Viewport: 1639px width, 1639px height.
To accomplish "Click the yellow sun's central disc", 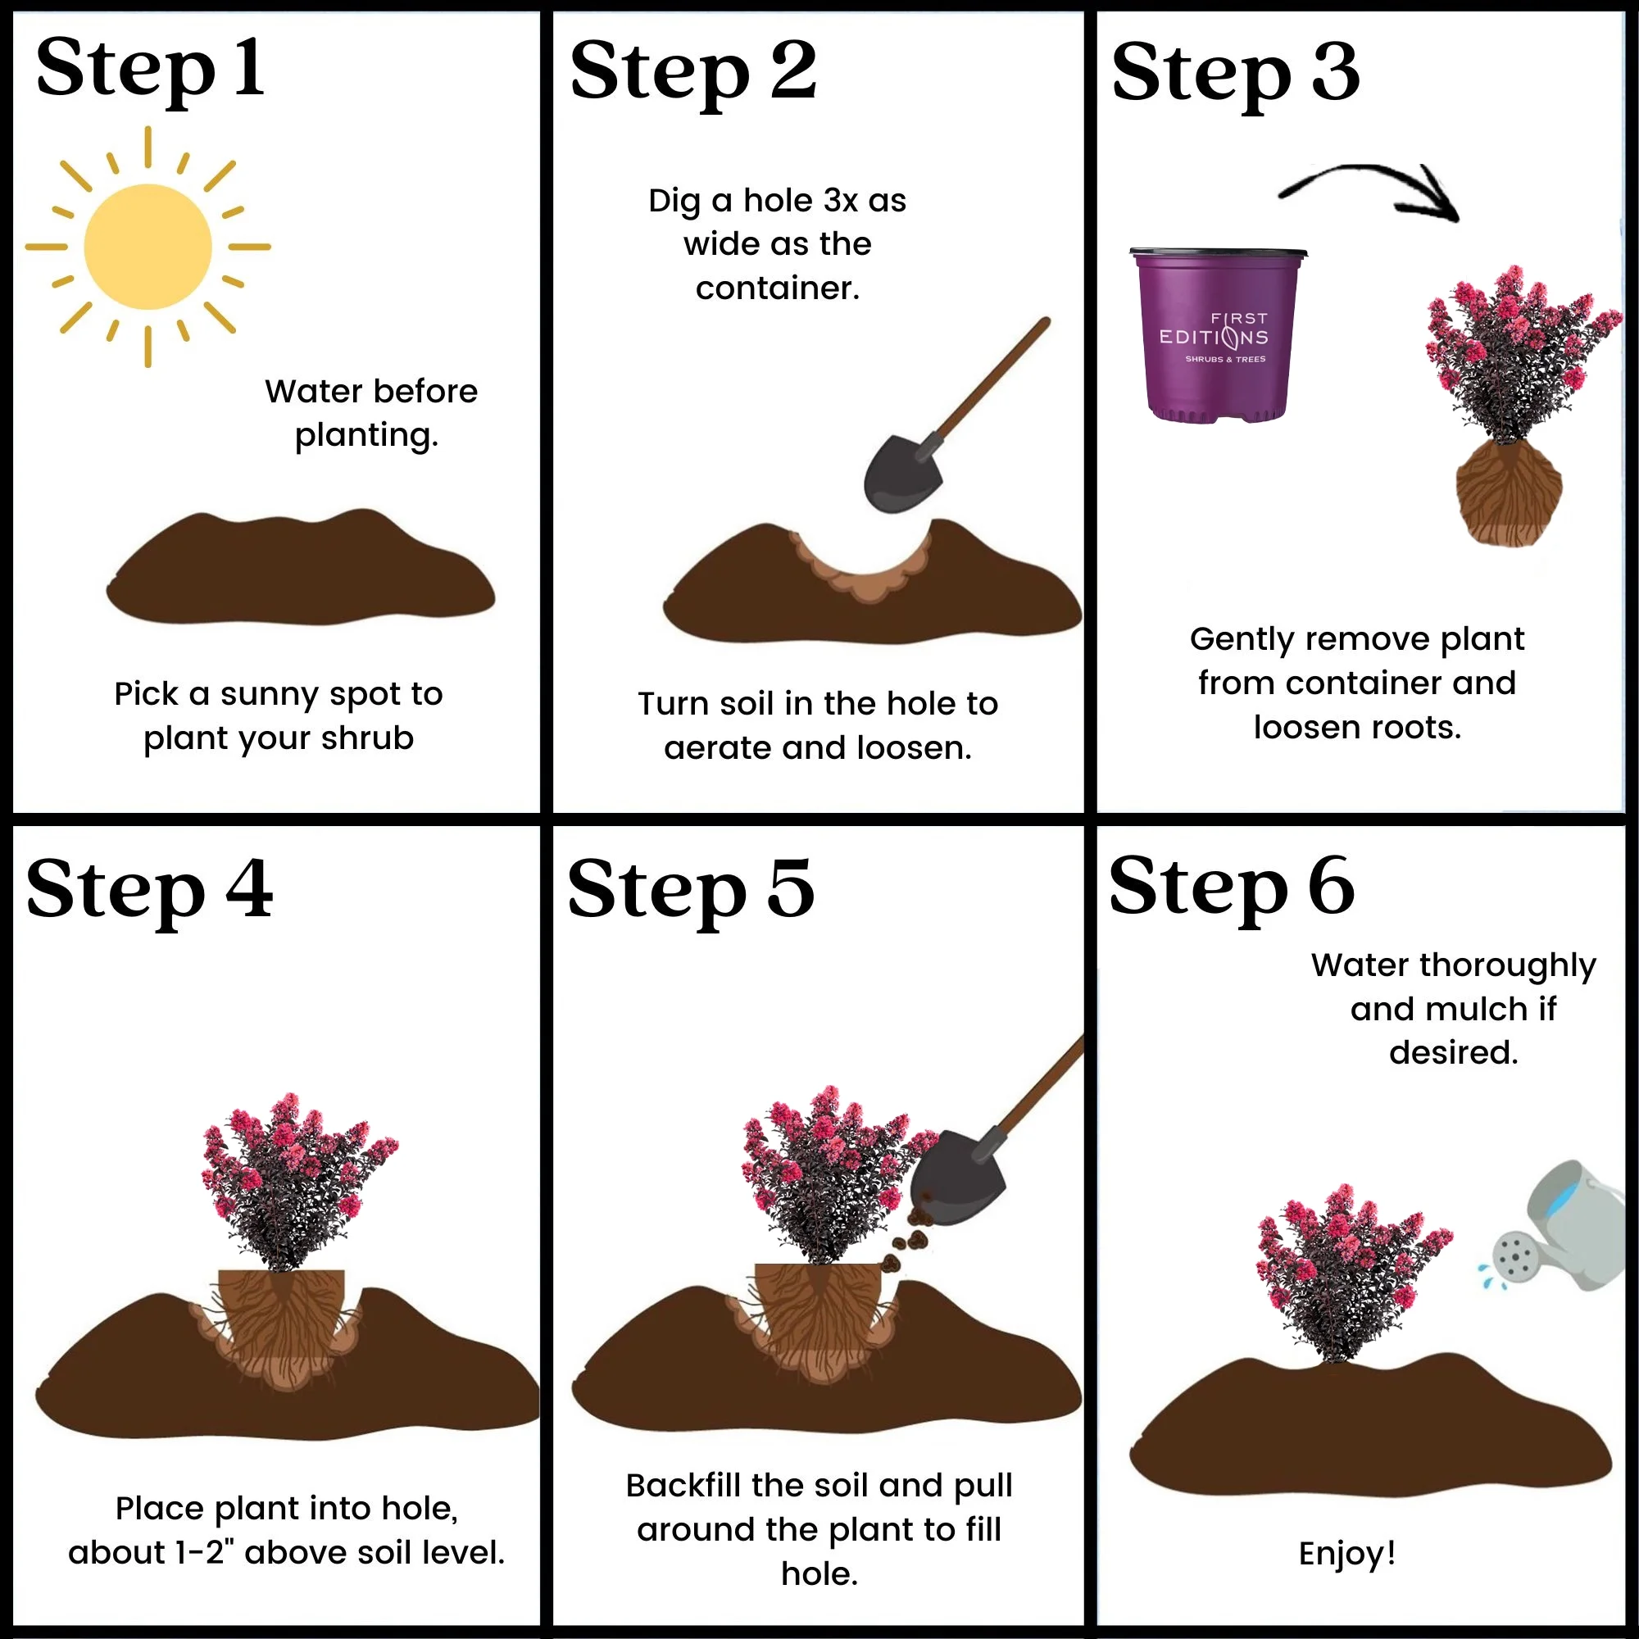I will click(x=148, y=246).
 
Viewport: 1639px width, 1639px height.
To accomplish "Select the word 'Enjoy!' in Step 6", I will click(x=1347, y=1553).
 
